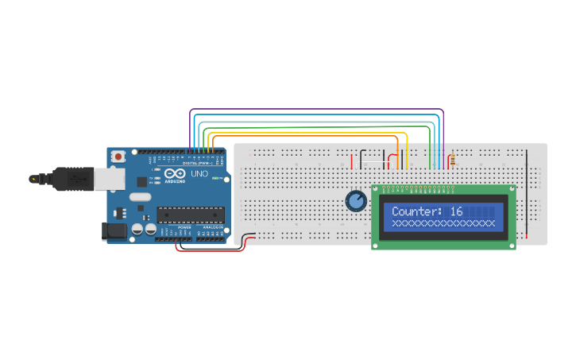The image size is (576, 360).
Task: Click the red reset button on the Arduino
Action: tap(118, 157)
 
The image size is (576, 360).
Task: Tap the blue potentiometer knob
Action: tap(356, 201)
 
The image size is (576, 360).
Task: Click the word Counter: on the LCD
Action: tap(416, 212)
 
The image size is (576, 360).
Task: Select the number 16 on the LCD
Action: tap(456, 212)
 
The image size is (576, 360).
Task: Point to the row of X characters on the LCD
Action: tap(443, 223)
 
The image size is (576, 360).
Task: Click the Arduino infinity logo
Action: tap(176, 174)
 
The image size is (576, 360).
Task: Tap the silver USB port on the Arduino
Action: tap(110, 179)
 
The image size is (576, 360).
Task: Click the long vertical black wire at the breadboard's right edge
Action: tap(526, 191)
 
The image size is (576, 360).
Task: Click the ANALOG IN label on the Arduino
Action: tap(213, 227)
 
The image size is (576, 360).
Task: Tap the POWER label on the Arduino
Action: tap(184, 227)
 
